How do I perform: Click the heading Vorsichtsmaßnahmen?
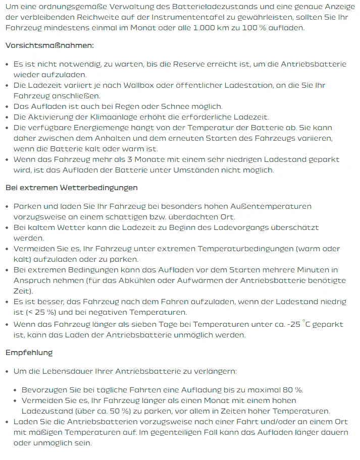49,45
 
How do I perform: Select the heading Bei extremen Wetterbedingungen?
72,188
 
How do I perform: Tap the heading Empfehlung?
29,353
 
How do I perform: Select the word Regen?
144,106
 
